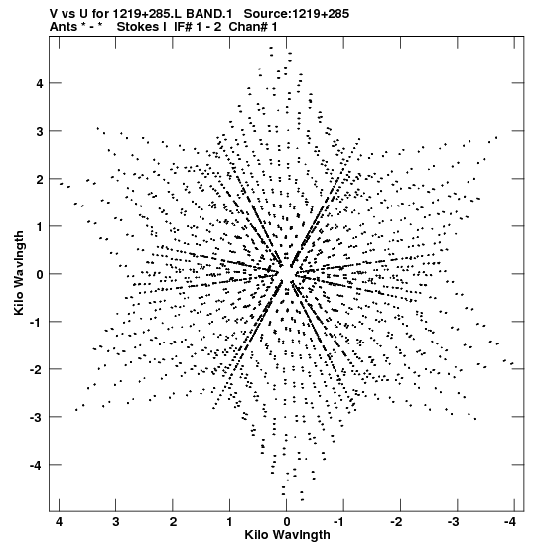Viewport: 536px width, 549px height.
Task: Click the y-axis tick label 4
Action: pyautogui.click(x=39, y=84)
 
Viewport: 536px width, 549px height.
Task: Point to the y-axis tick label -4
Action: pyautogui.click(x=36, y=466)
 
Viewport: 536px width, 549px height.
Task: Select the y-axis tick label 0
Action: pyautogui.click(x=39, y=274)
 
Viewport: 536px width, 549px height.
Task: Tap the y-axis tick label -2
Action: pyautogui.click(x=36, y=370)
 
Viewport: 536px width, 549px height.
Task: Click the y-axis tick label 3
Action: pyautogui.click(x=39, y=132)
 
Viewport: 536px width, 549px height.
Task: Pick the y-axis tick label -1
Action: pyautogui.click(x=36, y=323)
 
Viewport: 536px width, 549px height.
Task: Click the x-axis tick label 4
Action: pyautogui.click(x=59, y=522)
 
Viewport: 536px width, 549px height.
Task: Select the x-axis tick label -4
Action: pyautogui.click(x=510, y=522)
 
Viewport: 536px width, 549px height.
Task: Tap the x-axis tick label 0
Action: pyautogui.click(x=287, y=522)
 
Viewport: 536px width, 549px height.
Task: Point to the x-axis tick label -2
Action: pyautogui.click(x=396, y=522)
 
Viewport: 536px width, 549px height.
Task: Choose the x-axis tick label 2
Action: pyautogui.click(x=173, y=522)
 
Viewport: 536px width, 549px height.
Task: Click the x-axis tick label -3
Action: pyautogui.click(x=454, y=522)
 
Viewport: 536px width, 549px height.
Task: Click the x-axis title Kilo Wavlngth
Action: pyautogui.click(x=287, y=535)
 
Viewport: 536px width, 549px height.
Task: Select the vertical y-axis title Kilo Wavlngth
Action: pyautogui.click(x=19, y=273)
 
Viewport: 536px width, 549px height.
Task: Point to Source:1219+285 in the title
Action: pyautogui.click(x=297, y=14)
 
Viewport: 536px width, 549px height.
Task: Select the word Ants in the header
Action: pyautogui.click(x=63, y=26)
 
